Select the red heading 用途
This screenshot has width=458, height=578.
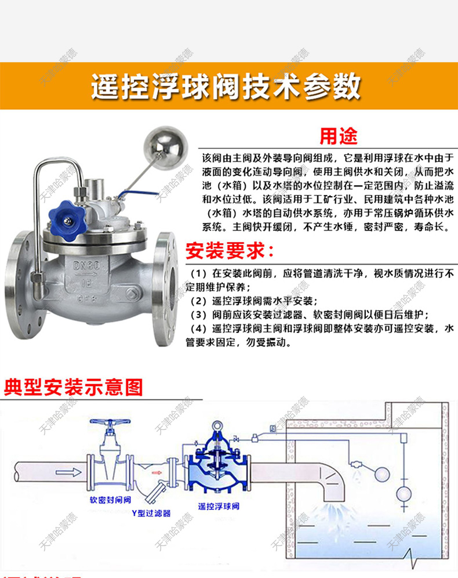[x=339, y=137]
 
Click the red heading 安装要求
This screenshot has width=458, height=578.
[x=229, y=251]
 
